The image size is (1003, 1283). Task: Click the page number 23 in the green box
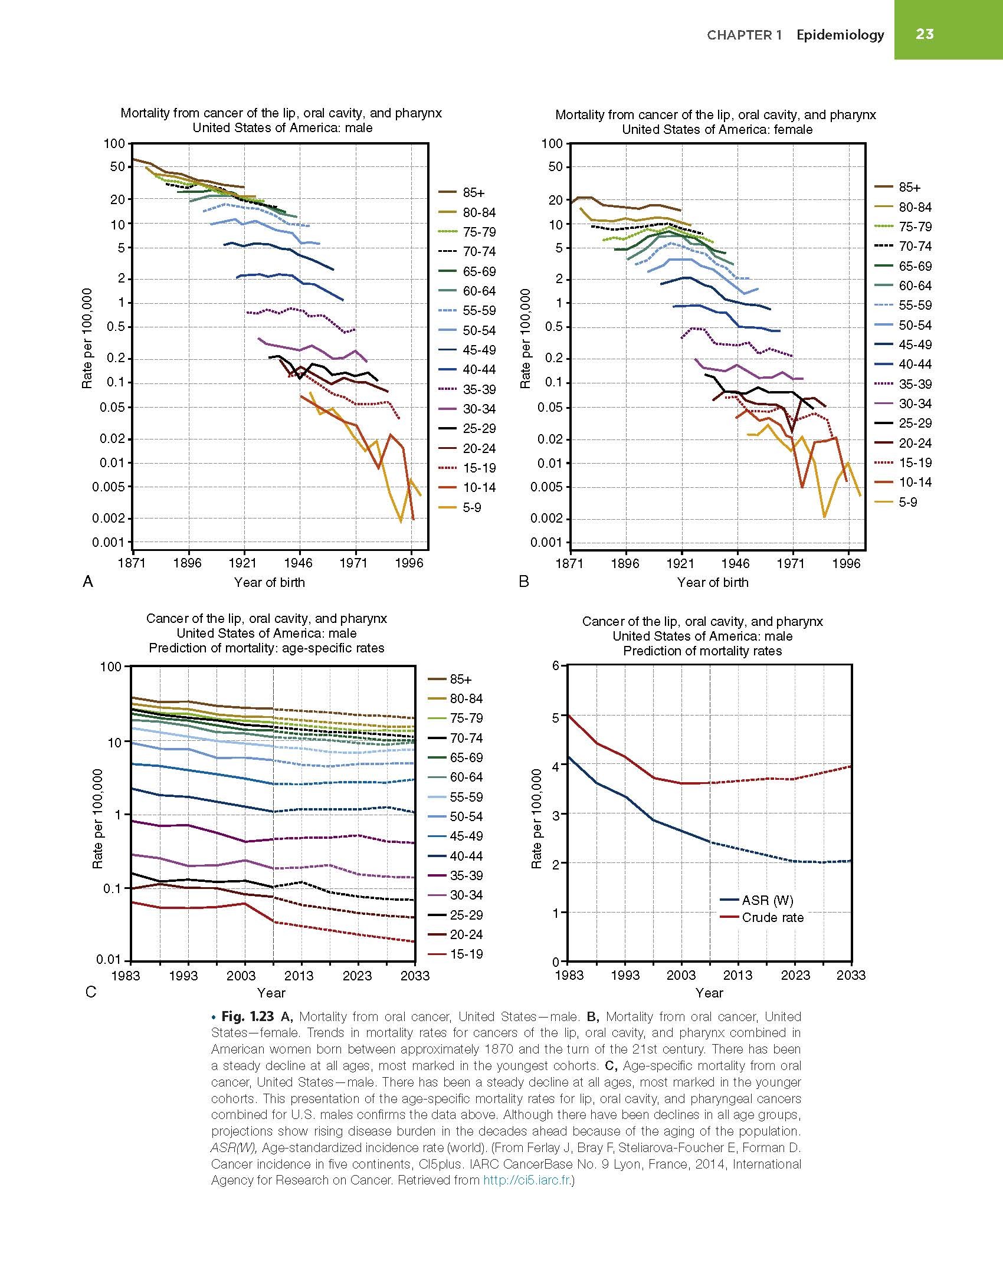coord(925,34)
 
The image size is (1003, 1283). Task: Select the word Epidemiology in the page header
coord(840,35)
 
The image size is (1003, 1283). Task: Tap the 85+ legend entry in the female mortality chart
coord(909,188)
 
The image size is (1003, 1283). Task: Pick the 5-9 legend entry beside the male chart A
coord(472,507)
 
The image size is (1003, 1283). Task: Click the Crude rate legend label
coord(773,917)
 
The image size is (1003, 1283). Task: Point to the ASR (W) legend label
coord(768,900)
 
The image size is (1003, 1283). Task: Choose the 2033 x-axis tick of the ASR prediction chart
coord(851,975)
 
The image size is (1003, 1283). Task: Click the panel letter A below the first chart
coord(88,582)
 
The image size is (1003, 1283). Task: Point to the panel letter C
coord(91,992)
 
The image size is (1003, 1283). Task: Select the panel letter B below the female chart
coord(524,582)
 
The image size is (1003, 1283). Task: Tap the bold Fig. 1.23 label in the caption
coord(248,1016)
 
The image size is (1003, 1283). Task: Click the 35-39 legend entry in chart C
coord(466,875)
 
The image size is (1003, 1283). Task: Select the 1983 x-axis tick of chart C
coord(126,976)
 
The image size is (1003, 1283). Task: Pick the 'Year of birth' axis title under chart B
coord(713,582)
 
